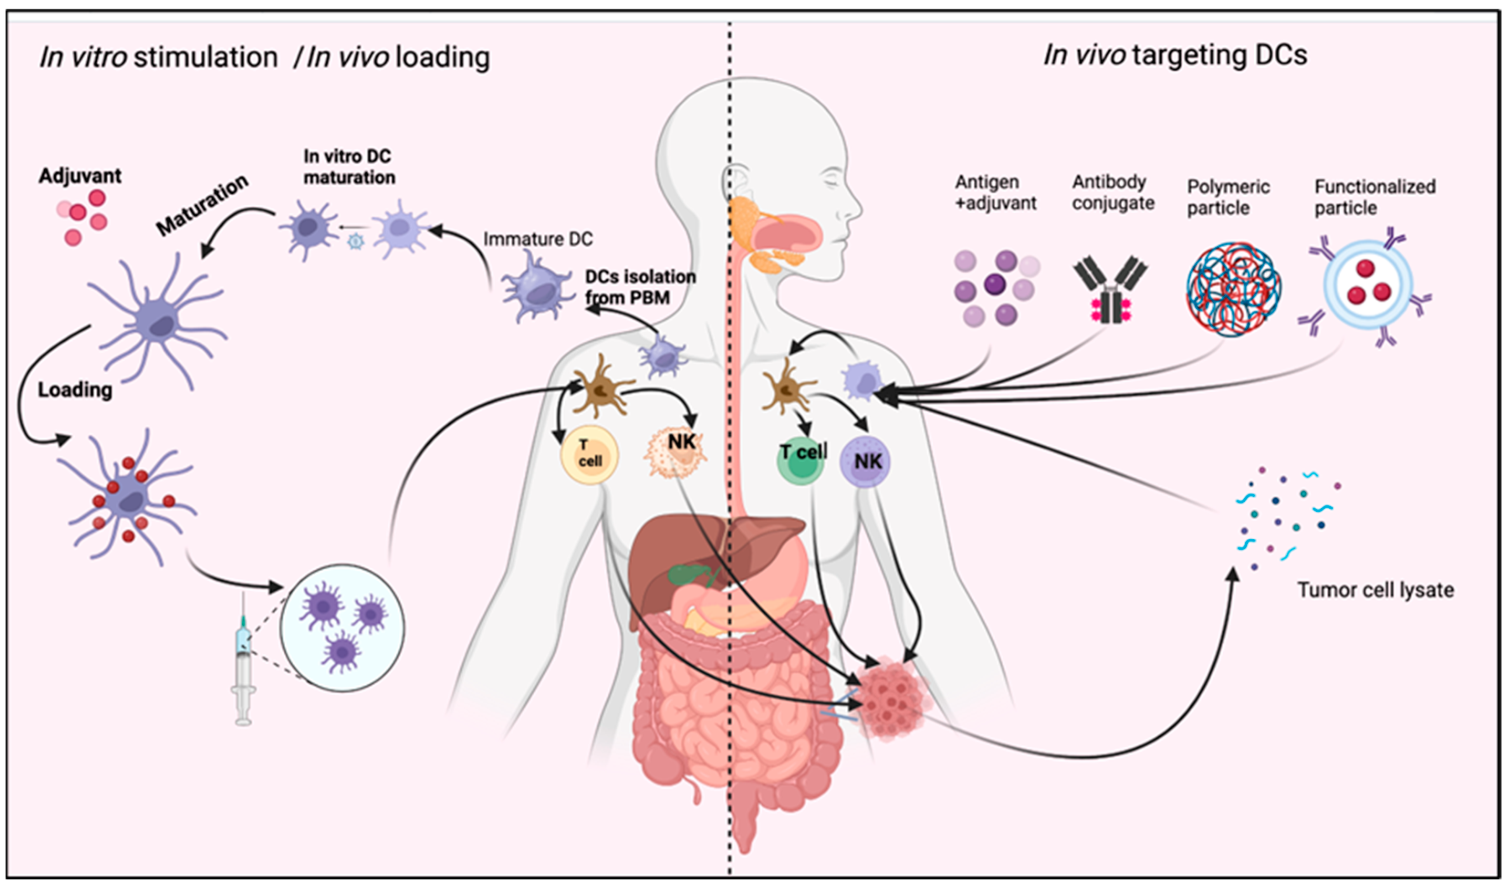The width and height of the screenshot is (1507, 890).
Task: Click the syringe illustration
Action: (243, 660)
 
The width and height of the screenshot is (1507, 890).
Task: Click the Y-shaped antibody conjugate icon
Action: (1110, 288)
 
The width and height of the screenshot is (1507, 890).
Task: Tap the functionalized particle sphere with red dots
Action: (1368, 285)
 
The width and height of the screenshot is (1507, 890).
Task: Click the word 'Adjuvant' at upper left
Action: (80, 176)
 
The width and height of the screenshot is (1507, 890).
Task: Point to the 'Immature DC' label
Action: (537, 239)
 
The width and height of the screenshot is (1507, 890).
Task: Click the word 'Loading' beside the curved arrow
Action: (75, 390)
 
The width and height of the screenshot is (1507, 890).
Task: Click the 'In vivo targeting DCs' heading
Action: (1175, 55)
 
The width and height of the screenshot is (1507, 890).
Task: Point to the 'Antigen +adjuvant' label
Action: (995, 192)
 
